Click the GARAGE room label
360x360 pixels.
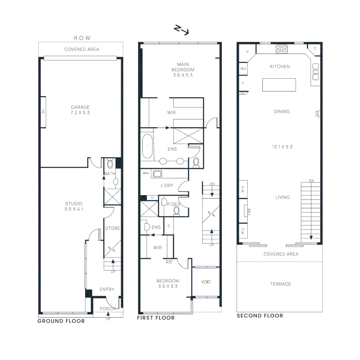pos(80,107)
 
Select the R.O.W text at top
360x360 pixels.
pos(82,38)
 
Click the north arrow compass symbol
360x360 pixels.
pos(182,30)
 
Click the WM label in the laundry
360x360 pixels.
pos(145,173)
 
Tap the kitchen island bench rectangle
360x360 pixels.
pos(279,85)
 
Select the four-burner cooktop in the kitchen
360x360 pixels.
pos(282,50)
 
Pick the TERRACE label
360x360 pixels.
pos(280,284)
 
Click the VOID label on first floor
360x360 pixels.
pos(206,282)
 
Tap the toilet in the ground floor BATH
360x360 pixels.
pos(110,164)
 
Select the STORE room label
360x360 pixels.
pos(112,228)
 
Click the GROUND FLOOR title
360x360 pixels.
pos(61,321)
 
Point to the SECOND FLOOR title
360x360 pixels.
pos(260,316)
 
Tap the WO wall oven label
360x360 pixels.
pos(243,68)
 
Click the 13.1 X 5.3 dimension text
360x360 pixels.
pos(282,147)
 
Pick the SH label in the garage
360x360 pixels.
pos(43,112)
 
